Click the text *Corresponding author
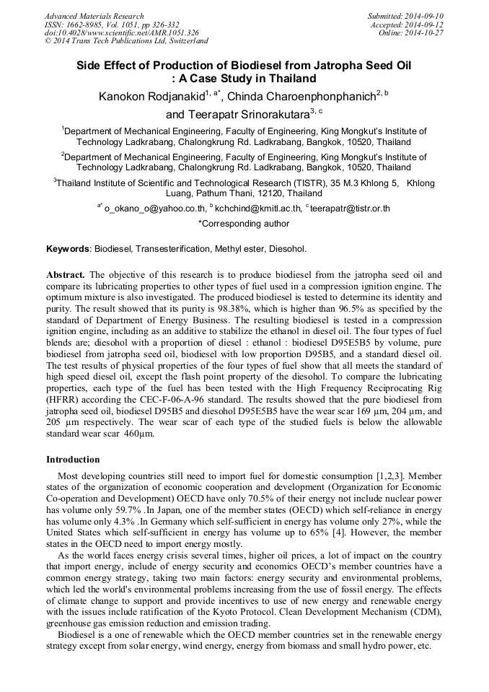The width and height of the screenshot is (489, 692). (x=244, y=224)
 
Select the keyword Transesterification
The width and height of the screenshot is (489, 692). (x=174, y=249)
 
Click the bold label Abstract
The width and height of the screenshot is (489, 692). (x=66, y=275)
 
